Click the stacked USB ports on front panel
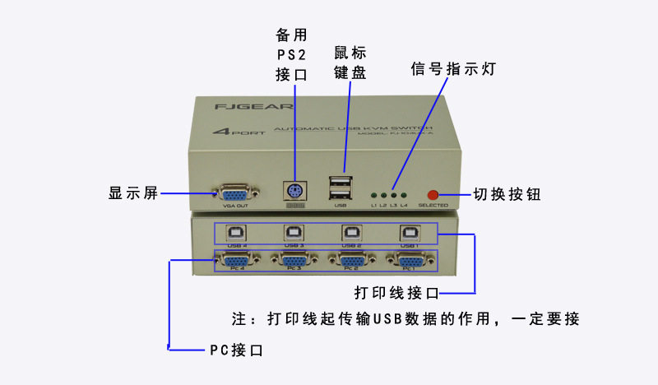pos(340,188)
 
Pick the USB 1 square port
pos(408,233)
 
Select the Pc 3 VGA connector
pos(294,262)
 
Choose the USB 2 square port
pos(351,233)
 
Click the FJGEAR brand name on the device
pos(237,107)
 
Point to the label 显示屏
pos(133,195)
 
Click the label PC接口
pos(236,350)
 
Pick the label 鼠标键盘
pos(350,63)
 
